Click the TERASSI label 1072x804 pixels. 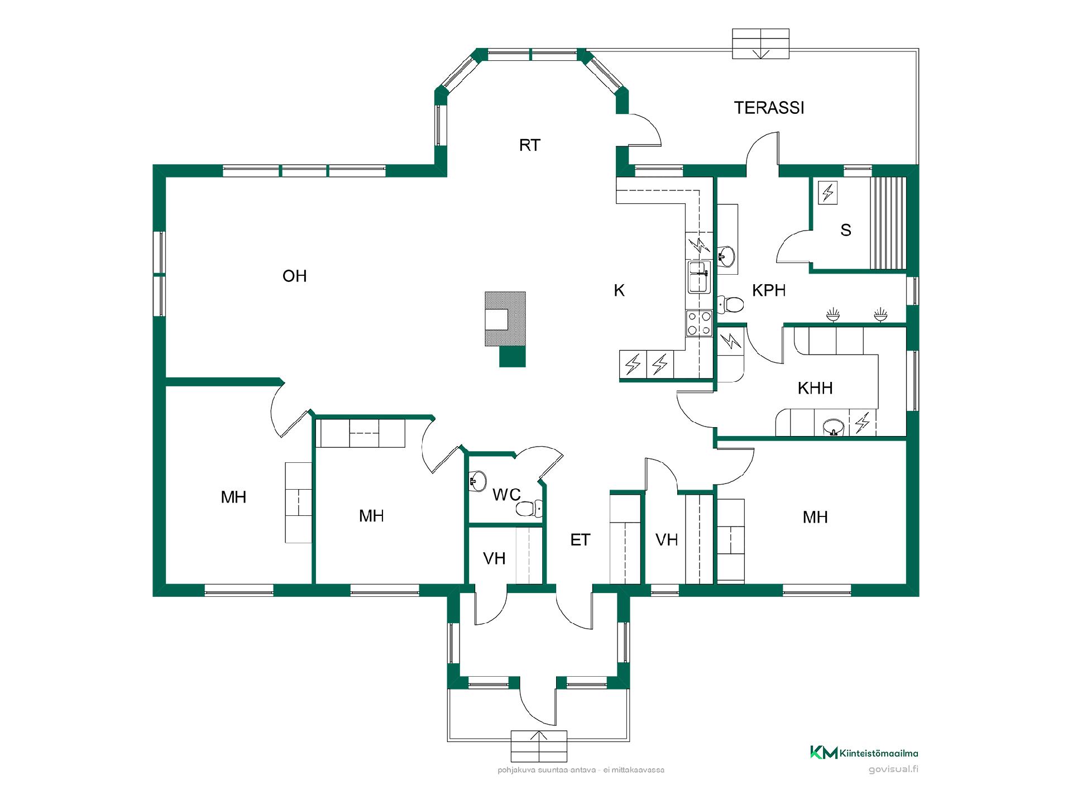(769, 108)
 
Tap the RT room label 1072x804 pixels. (529, 145)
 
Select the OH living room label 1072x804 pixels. (294, 276)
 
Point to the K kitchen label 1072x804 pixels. (619, 290)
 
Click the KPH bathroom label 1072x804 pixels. (769, 290)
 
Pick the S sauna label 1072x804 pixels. (845, 230)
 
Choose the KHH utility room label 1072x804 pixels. (815, 388)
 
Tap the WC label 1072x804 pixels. (506, 495)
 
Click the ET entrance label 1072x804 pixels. (580, 540)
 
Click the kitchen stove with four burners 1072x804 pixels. (699, 323)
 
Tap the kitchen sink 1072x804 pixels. (699, 277)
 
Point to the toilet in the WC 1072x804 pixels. (529, 509)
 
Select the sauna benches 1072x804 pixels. (888, 223)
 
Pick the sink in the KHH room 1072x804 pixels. (834, 427)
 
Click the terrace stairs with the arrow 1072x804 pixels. (760, 44)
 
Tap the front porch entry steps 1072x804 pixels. (539, 746)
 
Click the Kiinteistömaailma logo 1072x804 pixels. (864, 753)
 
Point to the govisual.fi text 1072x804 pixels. (893, 769)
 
